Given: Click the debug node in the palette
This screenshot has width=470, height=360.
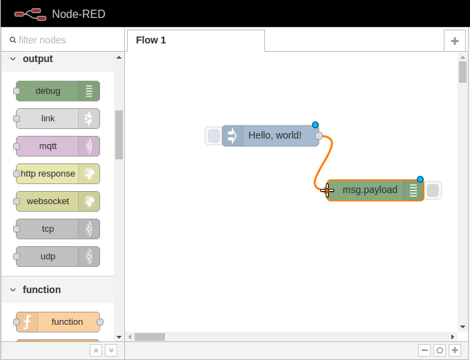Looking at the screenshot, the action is pyautogui.click(x=58, y=91).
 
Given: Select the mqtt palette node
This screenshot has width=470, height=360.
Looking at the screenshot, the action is pyautogui.click(x=58, y=146).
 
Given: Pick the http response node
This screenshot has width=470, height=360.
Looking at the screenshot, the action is pyautogui.click(x=58, y=174).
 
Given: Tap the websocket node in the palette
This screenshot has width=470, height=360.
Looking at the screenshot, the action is pyautogui.click(x=58, y=201).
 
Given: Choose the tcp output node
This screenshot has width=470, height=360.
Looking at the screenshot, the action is pyautogui.click(x=58, y=229).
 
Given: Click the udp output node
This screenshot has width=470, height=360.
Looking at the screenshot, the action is pyautogui.click(x=58, y=257).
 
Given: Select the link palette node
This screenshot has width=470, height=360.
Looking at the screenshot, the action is pyautogui.click(x=58, y=119).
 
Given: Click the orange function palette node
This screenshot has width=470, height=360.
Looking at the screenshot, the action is pyautogui.click(x=58, y=322).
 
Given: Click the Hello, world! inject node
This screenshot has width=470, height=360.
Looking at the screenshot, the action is pyautogui.click(x=271, y=136).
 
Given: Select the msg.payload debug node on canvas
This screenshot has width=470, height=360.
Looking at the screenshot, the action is pyautogui.click(x=375, y=190).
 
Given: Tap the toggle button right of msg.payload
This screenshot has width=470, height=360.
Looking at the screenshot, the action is pyautogui.click(x=433, y=190).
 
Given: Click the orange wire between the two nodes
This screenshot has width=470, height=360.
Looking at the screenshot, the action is pyautogui.click(x=324, y=163).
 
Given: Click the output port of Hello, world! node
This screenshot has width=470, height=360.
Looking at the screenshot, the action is pyautogui.click(x=319, y=136).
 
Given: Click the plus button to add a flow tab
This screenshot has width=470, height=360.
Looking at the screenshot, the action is pyautogui.click(x=454, y=41).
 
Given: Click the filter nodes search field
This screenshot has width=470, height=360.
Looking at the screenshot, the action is pyautogui.click(x=63, y=40).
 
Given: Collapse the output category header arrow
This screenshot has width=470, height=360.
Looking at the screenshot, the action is pyautogui.click(x=13, y=59).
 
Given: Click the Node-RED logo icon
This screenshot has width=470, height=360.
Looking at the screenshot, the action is pyautogui.click(x=30, y=14).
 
